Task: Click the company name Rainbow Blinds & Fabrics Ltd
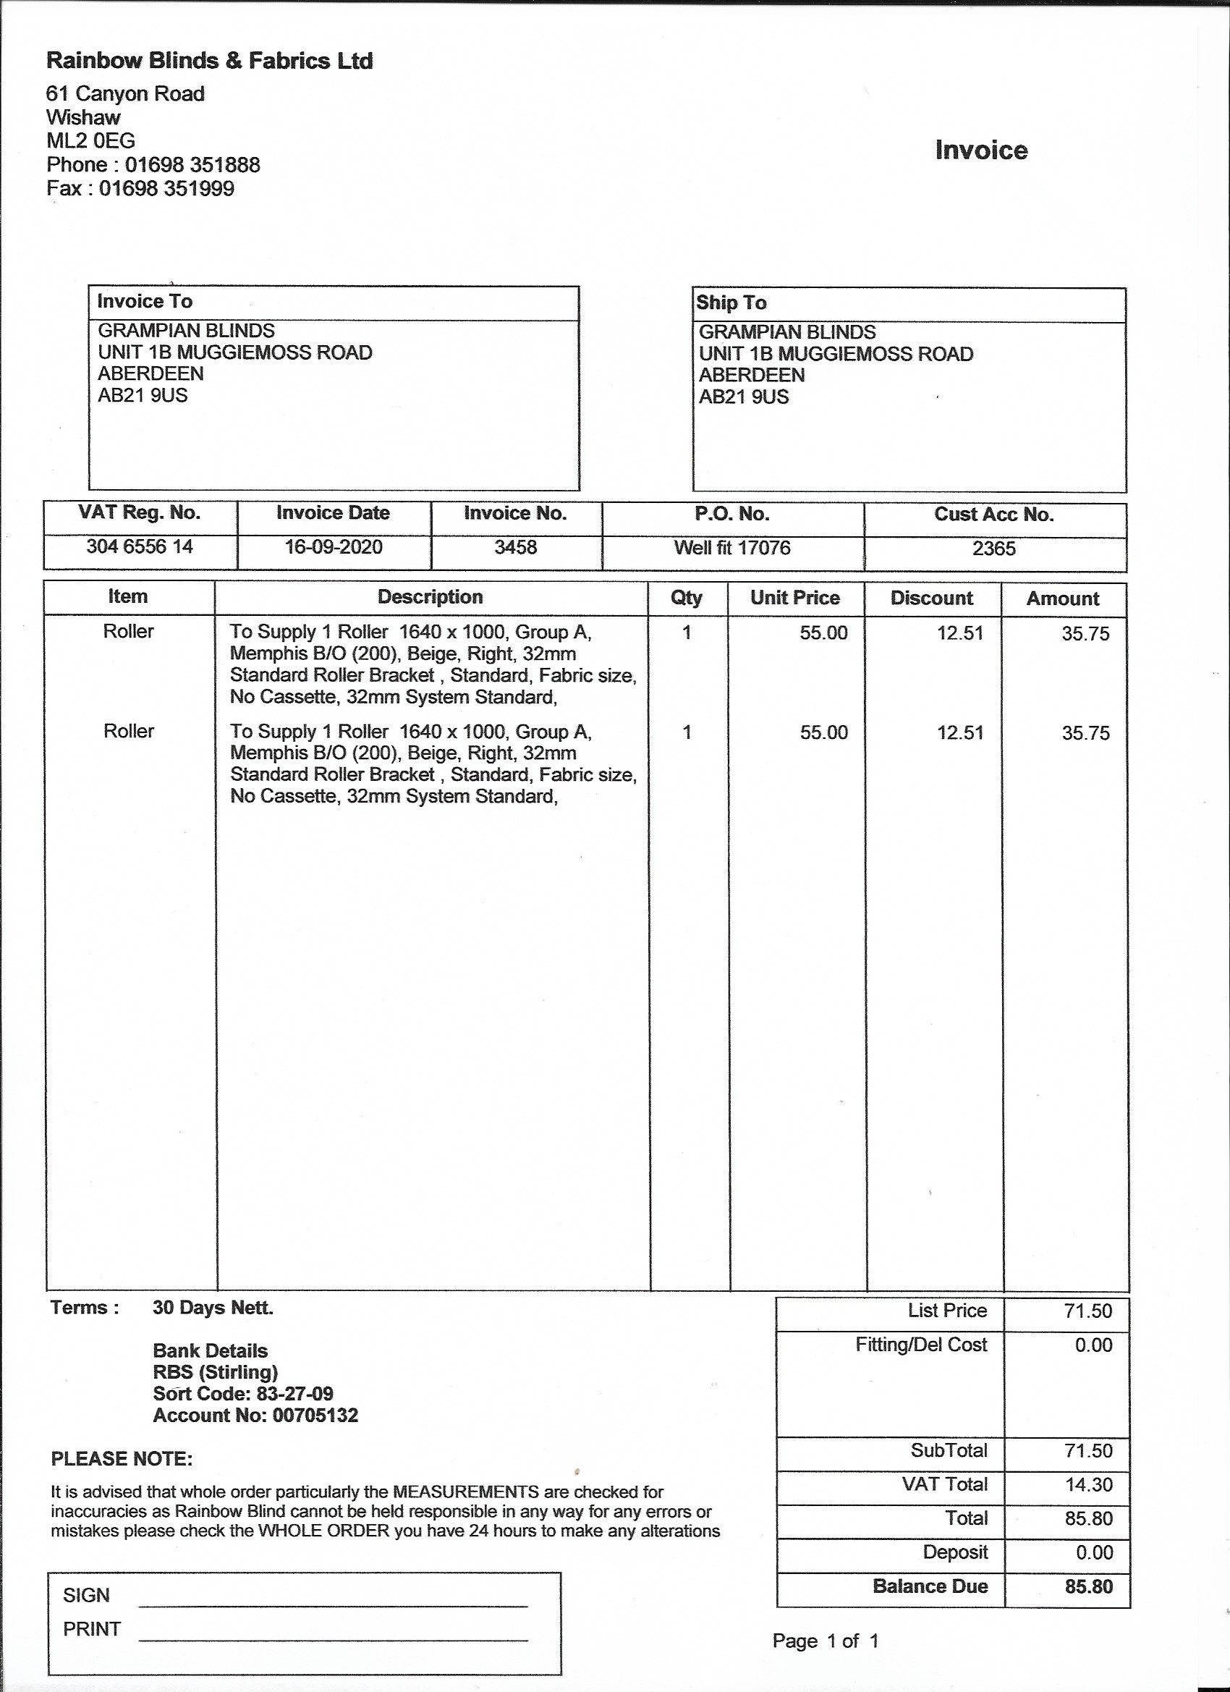click(209, 61)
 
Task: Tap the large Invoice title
click(981, 150)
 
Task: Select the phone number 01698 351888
click(192, 164)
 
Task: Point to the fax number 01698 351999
click(166, 188)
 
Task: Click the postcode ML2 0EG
click(90, 140)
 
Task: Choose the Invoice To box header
click(145, 301)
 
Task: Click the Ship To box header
click(731, 303)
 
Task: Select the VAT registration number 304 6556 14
click(140, 547)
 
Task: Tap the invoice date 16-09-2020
click(334, 547)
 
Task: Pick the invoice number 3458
click(515, 548)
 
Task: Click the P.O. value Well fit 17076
click(731, 549)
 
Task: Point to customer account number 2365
click(993, 549)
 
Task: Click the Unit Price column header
click(794, 598)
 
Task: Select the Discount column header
click(932, 598)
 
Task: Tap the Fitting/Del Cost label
click(920, 1345)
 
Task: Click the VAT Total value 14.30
click(1088, 1484)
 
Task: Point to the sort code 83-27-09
click(294, 1394)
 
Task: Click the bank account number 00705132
click(315, 1416)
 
